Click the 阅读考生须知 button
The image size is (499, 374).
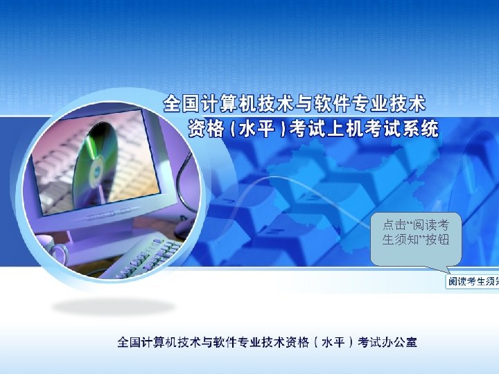(x=472, y=282)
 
